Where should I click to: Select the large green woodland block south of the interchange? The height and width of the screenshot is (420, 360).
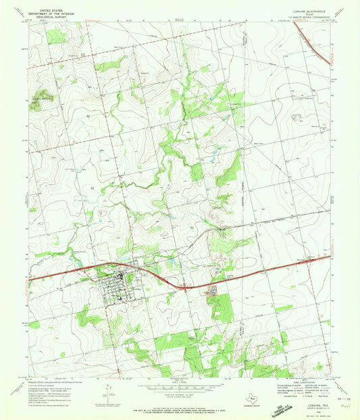220,307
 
